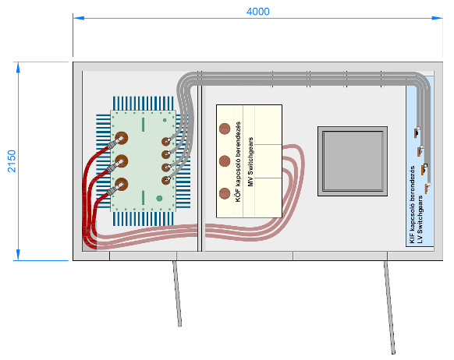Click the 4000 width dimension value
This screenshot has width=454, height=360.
tap(257, 12)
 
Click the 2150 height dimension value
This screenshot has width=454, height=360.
tap(12, 161)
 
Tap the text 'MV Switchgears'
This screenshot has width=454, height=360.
tap(250, 161)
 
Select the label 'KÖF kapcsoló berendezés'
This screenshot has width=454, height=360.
tap(238, 161)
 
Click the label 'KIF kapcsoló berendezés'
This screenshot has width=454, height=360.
tap(412, 204)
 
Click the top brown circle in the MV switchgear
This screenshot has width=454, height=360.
tap(225, 129)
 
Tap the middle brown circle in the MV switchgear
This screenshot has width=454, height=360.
tap(225, 161)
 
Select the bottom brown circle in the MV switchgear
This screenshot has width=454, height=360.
tap(225, 194)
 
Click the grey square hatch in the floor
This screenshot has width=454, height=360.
tap(353, 161)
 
